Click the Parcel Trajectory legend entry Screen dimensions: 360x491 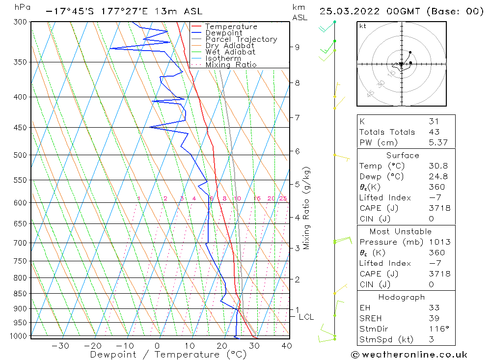coord(241,39)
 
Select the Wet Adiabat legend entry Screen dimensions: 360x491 coord(230,52)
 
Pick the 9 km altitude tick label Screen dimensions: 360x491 coord(297,47)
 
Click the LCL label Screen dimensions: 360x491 coord(306,317)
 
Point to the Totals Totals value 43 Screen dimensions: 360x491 coord(434,132)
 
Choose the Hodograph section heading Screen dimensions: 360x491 coord(402,297)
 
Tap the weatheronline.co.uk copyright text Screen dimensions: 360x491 coord(409,355)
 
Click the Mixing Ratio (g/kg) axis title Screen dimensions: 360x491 coord(307,208)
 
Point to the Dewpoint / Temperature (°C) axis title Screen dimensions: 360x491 coord(168,355)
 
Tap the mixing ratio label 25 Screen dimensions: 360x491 coord(283,198)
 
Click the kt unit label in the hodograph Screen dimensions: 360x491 coord(362,26)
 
